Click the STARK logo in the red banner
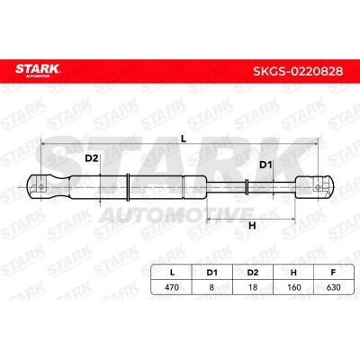38,71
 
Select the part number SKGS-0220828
298,71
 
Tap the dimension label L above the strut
184,139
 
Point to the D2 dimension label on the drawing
92,158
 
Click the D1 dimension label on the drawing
265,165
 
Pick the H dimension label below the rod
252,226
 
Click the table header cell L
172,273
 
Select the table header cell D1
211,273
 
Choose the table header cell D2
253,273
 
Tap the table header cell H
293,273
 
